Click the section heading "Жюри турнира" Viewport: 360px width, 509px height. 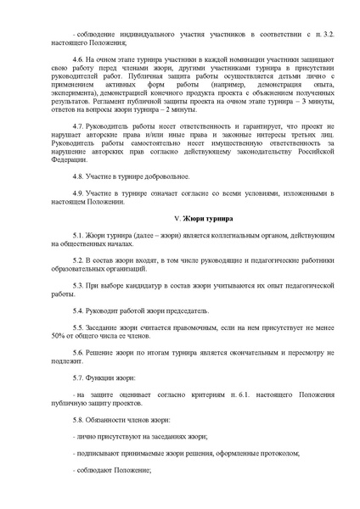pos(188,220)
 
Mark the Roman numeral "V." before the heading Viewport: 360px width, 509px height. pos(153,220)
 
